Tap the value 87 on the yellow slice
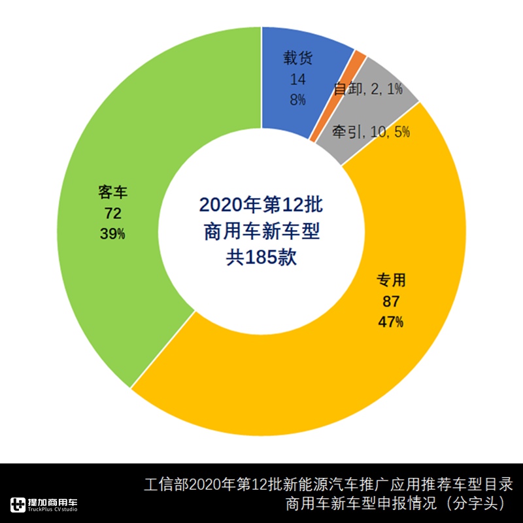coord(390,301)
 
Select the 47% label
coord(390,322)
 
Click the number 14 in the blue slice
coord(298,79)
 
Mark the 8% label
coord(298,99)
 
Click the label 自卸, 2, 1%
coord(367,90)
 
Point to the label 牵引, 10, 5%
coord(371,132)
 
